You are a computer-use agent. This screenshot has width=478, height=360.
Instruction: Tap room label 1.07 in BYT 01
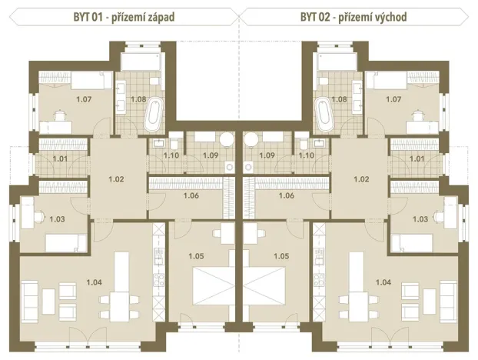[x=83, y=98]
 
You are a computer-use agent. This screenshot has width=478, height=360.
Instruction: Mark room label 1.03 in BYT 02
[x=420, y=219]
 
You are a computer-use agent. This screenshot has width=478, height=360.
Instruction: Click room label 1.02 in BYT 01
[x=115, y=179]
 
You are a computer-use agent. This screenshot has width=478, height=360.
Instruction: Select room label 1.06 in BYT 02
[x=285, y=195]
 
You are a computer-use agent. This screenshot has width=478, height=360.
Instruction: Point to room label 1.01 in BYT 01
[x=60, y=159]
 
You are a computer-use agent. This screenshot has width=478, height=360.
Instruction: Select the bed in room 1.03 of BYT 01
[x=65, y=244]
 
